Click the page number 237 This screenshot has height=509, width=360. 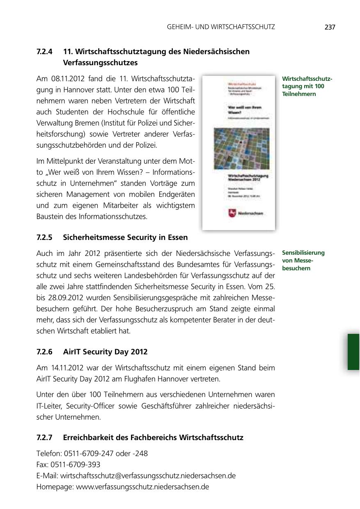coord(330,27)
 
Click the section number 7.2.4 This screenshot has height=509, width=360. coord(44,52)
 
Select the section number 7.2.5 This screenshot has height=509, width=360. coord(44,237)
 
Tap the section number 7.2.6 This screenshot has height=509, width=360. coord(44,352)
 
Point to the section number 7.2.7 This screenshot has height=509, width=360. coord(44,438)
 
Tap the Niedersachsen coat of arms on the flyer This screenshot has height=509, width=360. coord(232,213)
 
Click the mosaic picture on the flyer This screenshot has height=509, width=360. coord(238,147)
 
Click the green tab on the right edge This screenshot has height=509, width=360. coord(353,352)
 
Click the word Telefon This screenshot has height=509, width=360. coord(48,454)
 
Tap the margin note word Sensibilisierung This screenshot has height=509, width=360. coord(303,253)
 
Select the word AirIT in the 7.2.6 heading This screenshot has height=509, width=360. coord(72,352)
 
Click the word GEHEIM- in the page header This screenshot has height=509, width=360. coord(180,27)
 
